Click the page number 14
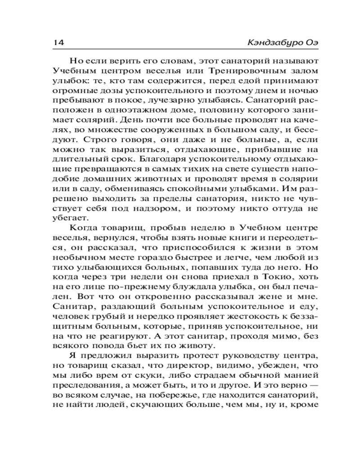[x=59, y=42]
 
